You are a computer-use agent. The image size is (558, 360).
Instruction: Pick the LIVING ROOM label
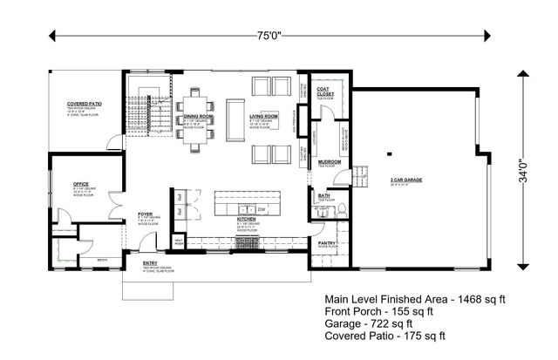tap(263, 116)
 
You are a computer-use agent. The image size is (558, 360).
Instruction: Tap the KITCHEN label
tap(245, 221)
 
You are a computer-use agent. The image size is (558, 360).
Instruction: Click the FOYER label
tap(146, 213)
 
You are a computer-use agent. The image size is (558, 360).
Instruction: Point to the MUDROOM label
tap(329, 161)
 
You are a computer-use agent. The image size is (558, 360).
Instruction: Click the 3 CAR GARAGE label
tap(405, 180)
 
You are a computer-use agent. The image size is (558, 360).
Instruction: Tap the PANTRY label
tap(328, 243)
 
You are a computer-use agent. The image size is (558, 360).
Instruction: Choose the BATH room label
tap(323, 196)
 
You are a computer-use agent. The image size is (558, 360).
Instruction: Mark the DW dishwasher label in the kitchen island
tap(262, 210)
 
